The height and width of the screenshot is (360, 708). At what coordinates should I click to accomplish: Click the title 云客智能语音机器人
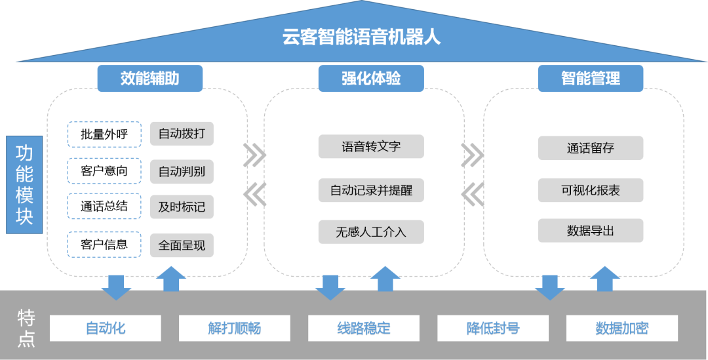pos(361,36)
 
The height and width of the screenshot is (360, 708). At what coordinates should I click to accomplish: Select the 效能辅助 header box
pos(150,79)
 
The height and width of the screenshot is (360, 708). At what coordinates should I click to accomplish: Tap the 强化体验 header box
pos(371,79)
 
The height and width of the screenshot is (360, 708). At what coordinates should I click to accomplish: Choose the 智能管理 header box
pos(590,79)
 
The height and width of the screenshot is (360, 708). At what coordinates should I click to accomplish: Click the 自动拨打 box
pos(182,134)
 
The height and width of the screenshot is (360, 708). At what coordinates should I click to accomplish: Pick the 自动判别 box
pos(182,172)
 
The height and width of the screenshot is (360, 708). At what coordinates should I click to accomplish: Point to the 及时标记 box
pos(182,208)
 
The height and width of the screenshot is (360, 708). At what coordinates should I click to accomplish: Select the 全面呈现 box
pos(182,245)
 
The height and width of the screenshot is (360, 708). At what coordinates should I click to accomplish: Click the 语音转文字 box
pos(371,147)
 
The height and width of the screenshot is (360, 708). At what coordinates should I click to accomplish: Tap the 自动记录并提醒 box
pos(371,191)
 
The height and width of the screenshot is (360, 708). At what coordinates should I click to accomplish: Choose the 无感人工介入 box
pos(371,231)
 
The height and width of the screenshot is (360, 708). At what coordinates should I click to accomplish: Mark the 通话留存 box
pos(590,148)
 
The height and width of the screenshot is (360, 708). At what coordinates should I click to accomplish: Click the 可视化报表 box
pos(590,191)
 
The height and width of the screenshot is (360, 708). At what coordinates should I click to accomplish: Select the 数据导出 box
pos(590,231)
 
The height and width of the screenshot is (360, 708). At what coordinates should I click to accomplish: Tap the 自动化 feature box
pos(106,328)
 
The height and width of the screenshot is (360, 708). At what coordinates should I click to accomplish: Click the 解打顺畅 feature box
pos(234,328)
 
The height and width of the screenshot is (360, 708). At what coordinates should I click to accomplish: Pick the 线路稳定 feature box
pos(363,328)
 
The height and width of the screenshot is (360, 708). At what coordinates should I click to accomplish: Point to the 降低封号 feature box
pos(492,328)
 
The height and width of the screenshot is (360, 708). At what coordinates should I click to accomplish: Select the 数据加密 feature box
pos(621,328)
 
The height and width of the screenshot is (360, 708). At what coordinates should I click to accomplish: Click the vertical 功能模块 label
pos(24,185)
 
